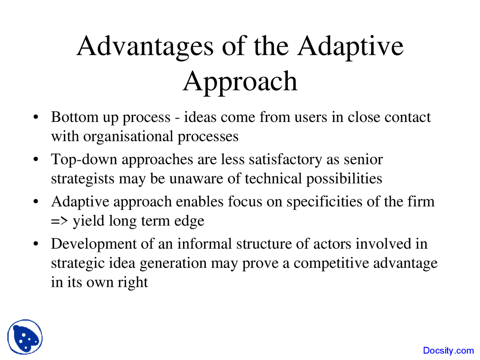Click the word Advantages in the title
(145, 47)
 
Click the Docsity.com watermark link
(448, 351)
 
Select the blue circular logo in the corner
(25, 337)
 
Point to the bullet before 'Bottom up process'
(36, 117)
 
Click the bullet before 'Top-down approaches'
(36, 159)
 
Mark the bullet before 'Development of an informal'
(36, 243)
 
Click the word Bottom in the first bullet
(75, 117)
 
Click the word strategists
(82, 179)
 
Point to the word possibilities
(344, 179)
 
